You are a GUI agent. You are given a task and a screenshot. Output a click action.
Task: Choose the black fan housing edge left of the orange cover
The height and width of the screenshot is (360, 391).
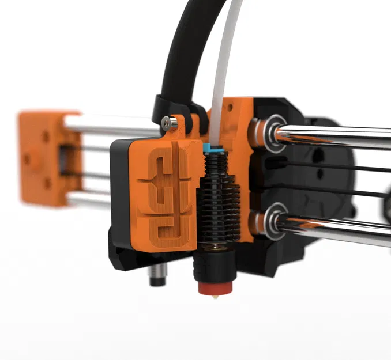coord(118,190)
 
